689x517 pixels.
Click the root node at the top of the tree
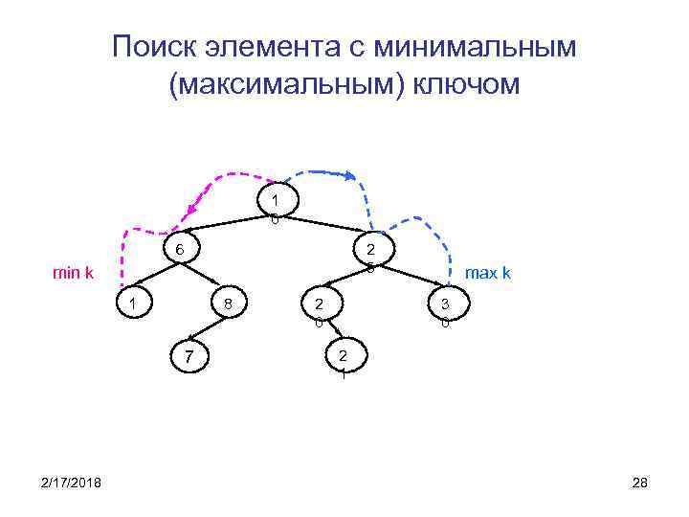point(276,201)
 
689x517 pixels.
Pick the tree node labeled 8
point(227,304)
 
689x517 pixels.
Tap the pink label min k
point(73,273)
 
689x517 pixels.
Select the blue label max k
point(487,273)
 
